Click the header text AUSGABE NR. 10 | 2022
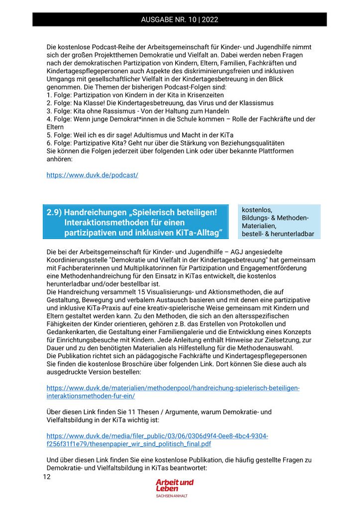click(179, 20)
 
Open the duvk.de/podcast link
click(92, 175)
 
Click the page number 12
click(47, 477)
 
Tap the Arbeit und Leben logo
click(174, 485)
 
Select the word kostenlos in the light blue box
click(257, 210)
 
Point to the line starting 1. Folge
click(135, 95)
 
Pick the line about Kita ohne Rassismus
click(137, 111)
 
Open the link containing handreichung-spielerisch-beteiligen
click(173, 388)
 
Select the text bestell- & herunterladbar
click(278, 234)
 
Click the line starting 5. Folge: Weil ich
click(140, 135)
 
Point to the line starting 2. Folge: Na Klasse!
click(160, 103)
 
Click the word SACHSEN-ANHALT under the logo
click(172, 496)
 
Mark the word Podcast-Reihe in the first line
click(103, 47)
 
